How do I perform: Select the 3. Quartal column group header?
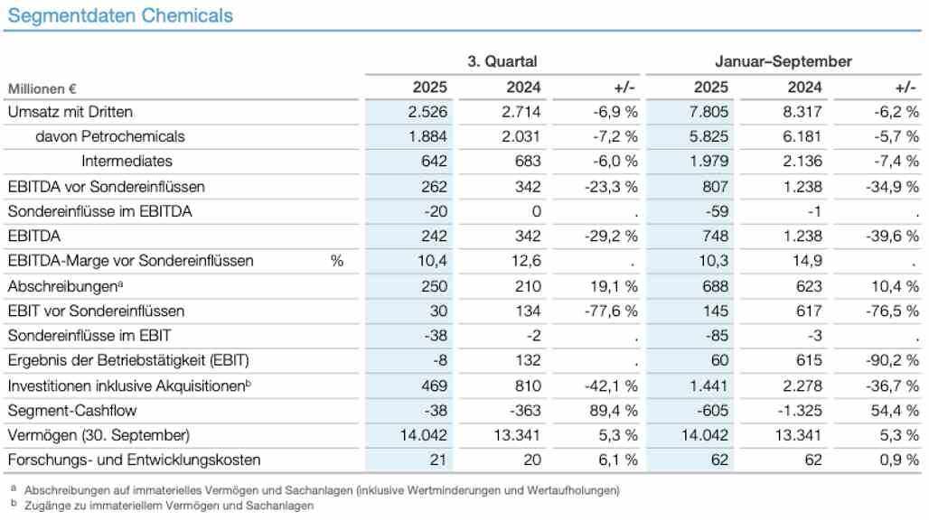point(502,61)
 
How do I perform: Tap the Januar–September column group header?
point(783,61)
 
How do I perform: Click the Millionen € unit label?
point(42,88)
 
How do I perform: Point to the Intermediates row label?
point(127,162)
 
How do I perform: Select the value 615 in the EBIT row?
point(809,360)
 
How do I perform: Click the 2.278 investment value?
point(803,385)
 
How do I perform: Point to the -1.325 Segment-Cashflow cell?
point(802,410)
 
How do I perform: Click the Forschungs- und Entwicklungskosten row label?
point(134,460)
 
